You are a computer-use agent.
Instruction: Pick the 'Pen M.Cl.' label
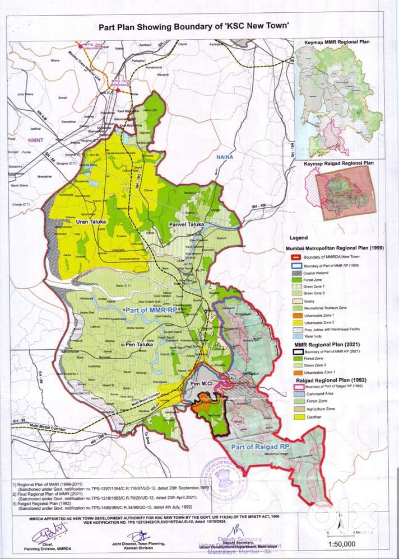point(203,384)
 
